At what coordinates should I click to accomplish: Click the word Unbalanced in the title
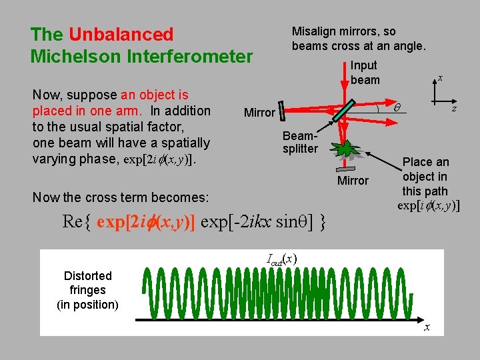click(121, 34)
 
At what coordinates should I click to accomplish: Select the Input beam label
click(365, 73)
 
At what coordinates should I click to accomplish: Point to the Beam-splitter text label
click(299, 141)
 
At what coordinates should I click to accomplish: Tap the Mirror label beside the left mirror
click(259, 113)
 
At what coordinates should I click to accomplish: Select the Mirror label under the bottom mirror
click(353, 181)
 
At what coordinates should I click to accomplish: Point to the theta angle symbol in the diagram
click(398, 107)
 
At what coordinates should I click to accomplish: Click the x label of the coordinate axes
click(441, 78)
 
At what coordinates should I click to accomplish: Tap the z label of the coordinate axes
click(454, 109)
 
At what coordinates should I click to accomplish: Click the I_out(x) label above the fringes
click(281, 258)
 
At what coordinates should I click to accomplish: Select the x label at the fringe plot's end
click(427, 327)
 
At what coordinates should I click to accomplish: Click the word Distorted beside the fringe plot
click(87, 275)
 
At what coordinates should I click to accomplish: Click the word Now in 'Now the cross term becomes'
click(45, 197)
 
